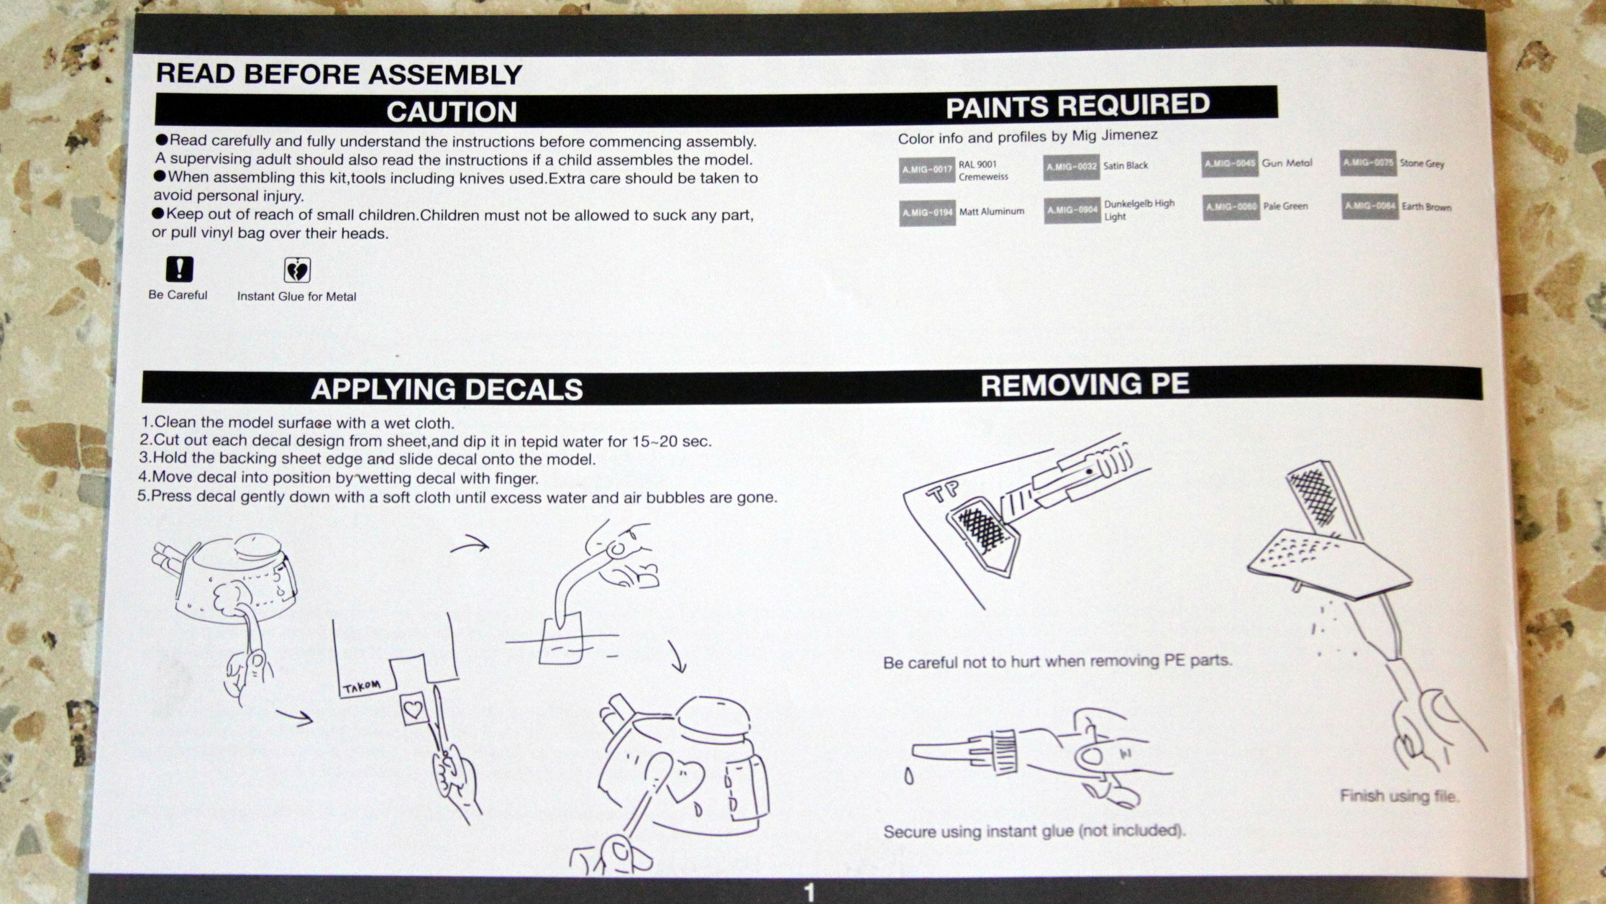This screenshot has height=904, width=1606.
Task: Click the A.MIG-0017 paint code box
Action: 926,170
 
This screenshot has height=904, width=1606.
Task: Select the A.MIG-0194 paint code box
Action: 927,213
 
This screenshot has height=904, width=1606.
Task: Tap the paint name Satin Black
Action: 1126,166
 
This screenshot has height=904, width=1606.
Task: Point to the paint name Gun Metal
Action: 1287,163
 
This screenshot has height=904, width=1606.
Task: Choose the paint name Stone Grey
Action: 1422,163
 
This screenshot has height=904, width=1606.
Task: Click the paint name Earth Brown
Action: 1426,207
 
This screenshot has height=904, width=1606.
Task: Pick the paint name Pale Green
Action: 1285,206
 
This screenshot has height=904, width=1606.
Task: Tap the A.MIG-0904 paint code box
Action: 1072,210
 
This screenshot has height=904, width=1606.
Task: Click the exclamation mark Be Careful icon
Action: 179,269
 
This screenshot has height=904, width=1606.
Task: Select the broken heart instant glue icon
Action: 297,270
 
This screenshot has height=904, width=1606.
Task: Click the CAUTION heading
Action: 452,112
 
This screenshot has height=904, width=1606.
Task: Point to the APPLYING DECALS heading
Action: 447,389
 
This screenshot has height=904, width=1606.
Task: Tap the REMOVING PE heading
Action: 1085,385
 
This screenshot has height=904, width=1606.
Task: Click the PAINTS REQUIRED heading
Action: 1077,106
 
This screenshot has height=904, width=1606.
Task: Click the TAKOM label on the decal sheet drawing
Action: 361,687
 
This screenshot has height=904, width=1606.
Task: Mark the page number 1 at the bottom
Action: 809,892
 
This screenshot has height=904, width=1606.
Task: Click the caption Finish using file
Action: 1399,796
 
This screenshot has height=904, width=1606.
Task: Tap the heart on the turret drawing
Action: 687,780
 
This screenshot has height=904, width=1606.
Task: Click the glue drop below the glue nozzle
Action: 909,777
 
